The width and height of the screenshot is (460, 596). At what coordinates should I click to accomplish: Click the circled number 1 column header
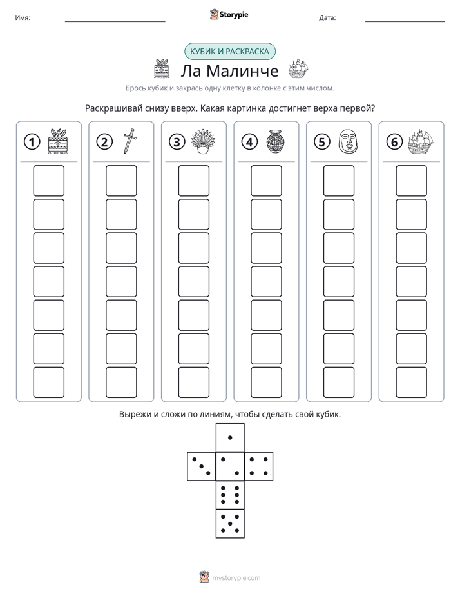[x=32, y=142]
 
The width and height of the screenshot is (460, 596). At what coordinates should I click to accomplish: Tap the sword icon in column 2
[x=129, y=141]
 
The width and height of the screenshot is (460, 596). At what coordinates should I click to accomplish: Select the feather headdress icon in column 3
[x=203, y=141]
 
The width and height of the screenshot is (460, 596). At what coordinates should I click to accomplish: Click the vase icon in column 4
[x=275, y=141]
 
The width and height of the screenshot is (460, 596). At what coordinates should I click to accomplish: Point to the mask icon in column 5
[x=348, y=141]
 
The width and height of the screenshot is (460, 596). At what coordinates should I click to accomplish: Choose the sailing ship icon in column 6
[x=420, y=141]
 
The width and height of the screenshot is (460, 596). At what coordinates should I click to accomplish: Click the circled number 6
[x=394, y=142]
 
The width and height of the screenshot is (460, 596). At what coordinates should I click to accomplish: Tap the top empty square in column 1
[x=48, y=181]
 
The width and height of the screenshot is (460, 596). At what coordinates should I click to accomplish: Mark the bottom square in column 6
[x=412, y=382]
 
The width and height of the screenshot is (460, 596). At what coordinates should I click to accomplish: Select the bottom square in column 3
[x=194, y=382]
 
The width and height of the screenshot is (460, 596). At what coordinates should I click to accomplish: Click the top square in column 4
[x=267, y=181]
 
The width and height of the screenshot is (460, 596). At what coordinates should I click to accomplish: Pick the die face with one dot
[x=230, y=437]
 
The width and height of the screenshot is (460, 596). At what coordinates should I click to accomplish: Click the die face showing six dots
[x=230, y=495]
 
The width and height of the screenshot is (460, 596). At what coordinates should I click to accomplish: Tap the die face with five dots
[x=230, y=524]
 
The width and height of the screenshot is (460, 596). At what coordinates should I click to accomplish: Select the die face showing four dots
[x=259, y=466]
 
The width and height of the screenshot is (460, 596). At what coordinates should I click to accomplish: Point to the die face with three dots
[x=202, y=466]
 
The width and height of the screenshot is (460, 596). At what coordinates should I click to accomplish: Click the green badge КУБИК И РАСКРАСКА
[x=229, y=52]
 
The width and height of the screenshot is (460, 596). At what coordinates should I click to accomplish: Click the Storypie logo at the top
[x=229, y=15]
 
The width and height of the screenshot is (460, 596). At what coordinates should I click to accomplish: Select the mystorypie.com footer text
[x=236, y=578]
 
